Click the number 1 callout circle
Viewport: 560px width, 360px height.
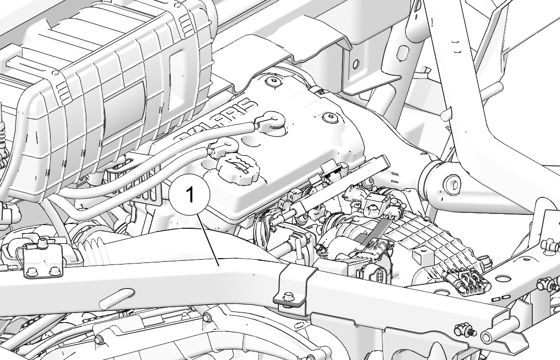coord(190,195)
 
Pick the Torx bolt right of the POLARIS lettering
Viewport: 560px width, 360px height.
coord(329,118)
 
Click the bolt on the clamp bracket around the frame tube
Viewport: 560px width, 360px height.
coord(288,297)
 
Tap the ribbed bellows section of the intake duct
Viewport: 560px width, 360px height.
coord(94,250)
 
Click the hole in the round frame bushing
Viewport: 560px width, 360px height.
coord(451,185)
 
